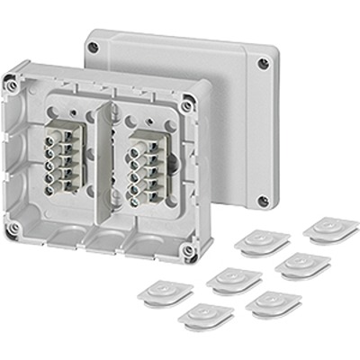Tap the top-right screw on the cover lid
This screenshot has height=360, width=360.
(262, 64)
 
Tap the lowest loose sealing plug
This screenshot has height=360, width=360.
(205, 315)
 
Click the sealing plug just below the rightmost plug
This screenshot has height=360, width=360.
(302, 265)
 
